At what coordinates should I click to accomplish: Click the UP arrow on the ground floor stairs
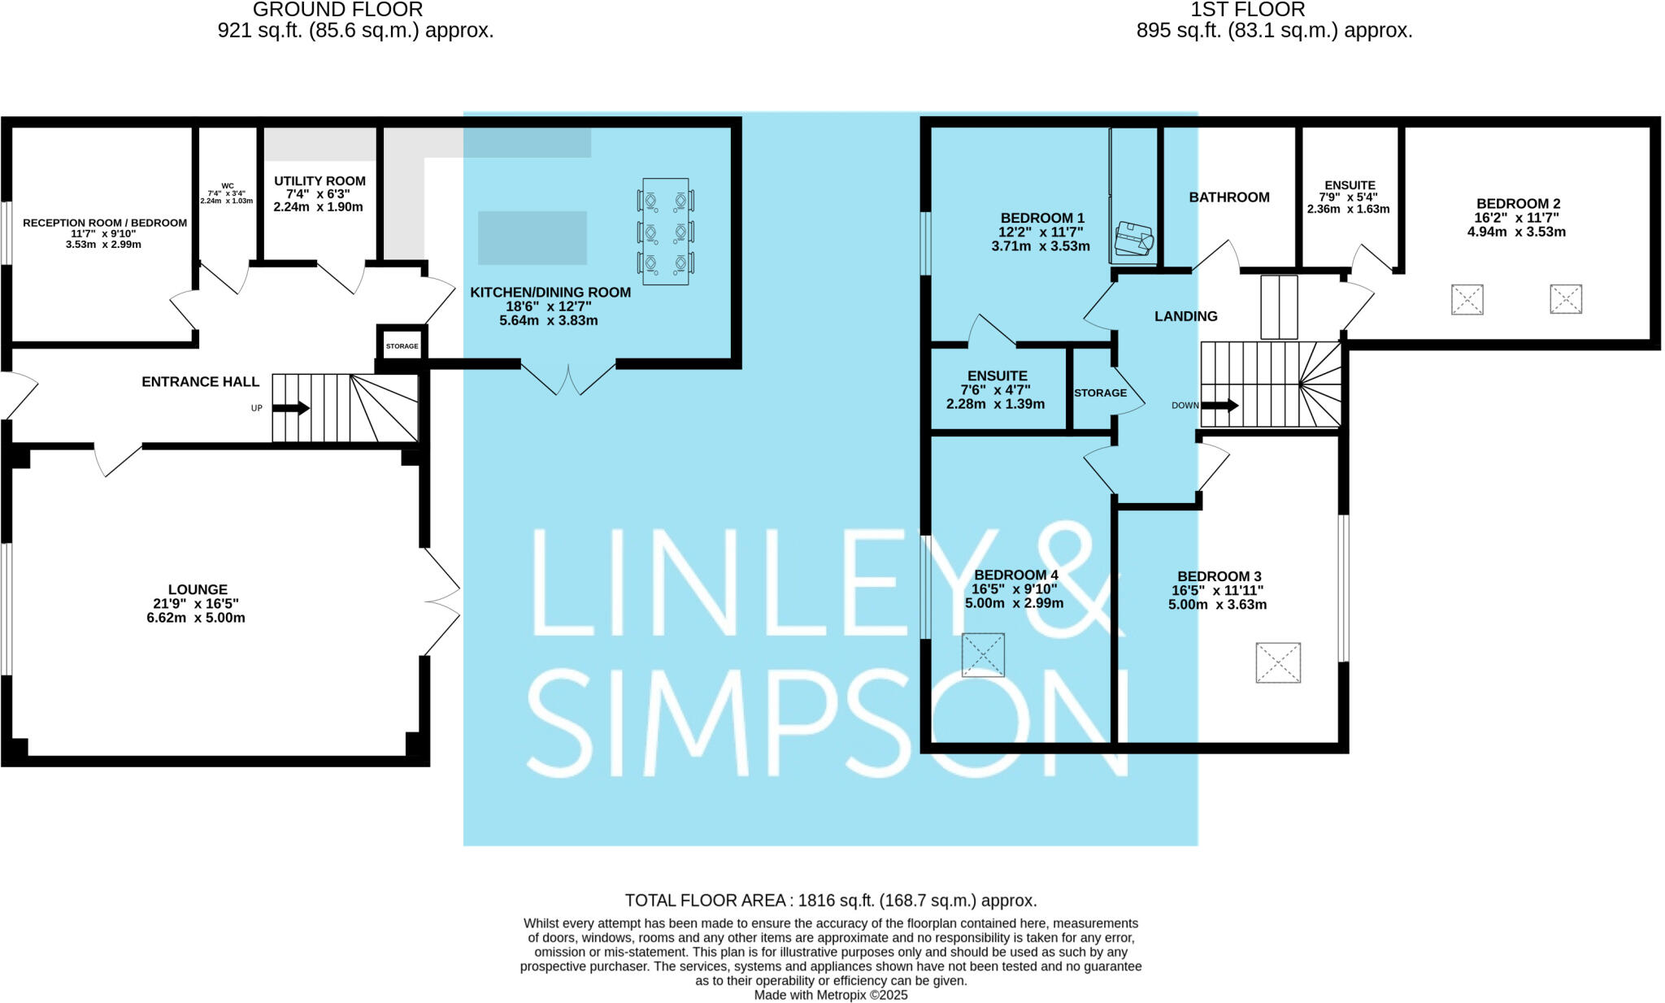(x=291, y=408)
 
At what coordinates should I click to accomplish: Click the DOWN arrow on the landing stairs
(x=1219, y=405)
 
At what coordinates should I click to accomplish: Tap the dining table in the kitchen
(x=666, y=232)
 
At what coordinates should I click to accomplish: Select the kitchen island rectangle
(x=533, y=237)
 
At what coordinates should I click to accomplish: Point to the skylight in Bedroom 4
(x=983, y=655)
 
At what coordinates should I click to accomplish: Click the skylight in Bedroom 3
(x=1278, y=662)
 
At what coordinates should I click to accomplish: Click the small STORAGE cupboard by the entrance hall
(x=402, y=345)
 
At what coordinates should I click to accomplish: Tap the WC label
(x=227, y=186)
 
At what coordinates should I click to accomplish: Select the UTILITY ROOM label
(x=320, y=181)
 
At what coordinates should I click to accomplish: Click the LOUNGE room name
(x=198, y=589)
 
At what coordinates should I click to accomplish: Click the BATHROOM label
(x=1228, y=198)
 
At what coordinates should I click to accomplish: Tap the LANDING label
(x=1185, y=316)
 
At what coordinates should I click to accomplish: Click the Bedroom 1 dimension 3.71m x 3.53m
(x=1041, y=246)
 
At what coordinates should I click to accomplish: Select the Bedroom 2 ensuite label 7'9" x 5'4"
(x=1350, y=198)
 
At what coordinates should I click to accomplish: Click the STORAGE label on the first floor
(x=1100, y=393)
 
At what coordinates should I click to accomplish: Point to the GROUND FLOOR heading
(x=337, y=10)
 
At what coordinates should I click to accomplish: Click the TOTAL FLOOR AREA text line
(x=830, y=901)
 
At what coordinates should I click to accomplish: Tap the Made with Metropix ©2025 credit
(x=830, y=995)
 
